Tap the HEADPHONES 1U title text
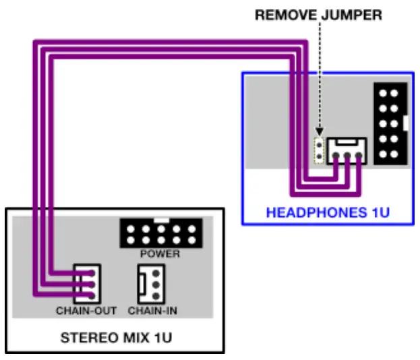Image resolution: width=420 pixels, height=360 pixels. pyautogui.click(x=328, y=212)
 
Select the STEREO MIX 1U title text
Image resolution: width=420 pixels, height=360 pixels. pyautogui.click(x=116, y=336)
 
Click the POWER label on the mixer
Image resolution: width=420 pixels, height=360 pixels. pyautogui.click(x=160, y=254)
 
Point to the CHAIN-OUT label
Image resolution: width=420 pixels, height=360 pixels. pyautogui.click(x=86, y=311)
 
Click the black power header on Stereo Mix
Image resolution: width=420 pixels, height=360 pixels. pyautogui.click(x=160, y=233)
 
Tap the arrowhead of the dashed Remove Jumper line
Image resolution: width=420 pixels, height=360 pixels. pyautogui.click(x=319, y=132)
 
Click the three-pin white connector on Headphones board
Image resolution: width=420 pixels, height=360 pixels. pyautogui.click(x=346, y=151)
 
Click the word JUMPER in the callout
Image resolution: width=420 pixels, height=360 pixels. pyautogui.click(x=355, y=14)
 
